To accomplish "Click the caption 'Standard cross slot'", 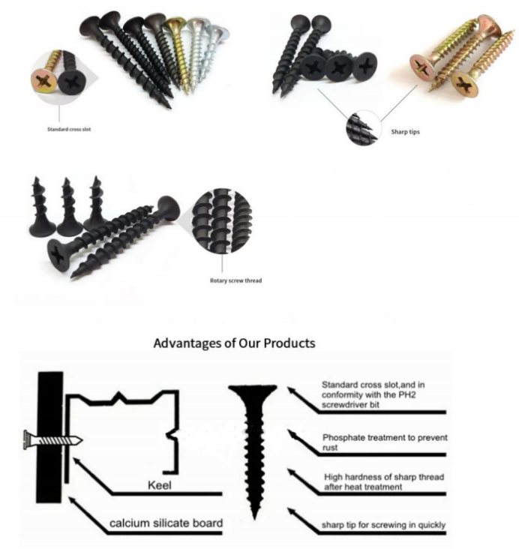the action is point(69,129).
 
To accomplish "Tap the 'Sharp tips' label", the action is point(405,132).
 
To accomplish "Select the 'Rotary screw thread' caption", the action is point(235,280).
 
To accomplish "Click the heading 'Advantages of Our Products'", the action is point(234,343).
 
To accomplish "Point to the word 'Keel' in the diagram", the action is point(160,485).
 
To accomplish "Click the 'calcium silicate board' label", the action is point(166,523).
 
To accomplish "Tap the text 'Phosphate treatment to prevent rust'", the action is point(385,442).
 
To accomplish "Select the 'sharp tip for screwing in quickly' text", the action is point(383,525).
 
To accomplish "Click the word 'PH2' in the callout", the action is point(407,395).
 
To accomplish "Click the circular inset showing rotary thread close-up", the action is point(222,220).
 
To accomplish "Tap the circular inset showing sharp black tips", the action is point(363,128).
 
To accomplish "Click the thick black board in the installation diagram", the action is point(50,437).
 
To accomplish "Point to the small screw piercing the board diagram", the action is point(53,440).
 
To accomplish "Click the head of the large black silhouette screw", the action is point(253,391).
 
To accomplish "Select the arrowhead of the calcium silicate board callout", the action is point(72,501).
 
